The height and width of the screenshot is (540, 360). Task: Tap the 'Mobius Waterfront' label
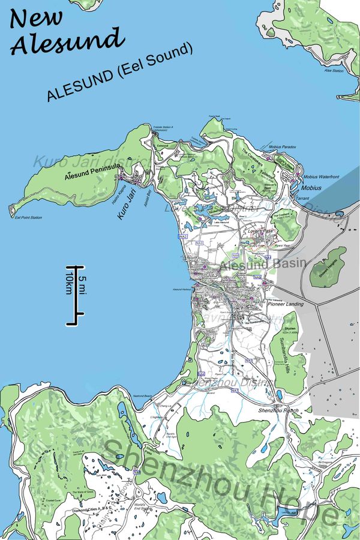tap(321, 177)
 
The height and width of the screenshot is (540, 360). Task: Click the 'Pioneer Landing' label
tap(286, 304)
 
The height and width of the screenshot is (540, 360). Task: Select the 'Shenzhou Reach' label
tap(278, 410)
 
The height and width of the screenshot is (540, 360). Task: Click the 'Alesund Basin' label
tap(263, 264)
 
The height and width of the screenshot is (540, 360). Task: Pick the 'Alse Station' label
tap(333, 70)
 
